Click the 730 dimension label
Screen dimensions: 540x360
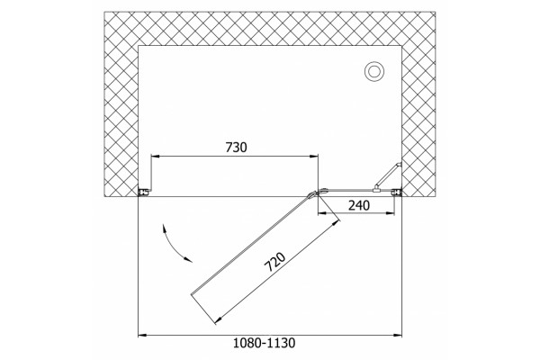coord(236,148)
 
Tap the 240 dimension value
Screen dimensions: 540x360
coord(359,206)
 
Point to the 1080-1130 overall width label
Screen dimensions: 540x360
coord(264,343)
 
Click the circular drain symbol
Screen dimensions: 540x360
coord(374,72)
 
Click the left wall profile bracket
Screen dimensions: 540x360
coord(144,193)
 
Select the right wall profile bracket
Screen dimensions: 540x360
coord(398,193)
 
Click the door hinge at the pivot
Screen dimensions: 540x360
coord(317,193)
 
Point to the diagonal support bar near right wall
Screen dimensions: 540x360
coord(388,176)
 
